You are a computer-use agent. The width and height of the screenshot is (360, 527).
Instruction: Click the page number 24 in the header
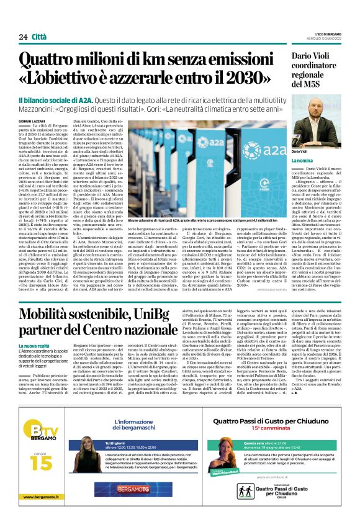click(x=23, y=37)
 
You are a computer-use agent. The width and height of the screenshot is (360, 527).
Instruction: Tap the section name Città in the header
click(x=38, y=37)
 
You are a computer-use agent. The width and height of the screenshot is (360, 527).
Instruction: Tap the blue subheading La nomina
click(x=302, y=160)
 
